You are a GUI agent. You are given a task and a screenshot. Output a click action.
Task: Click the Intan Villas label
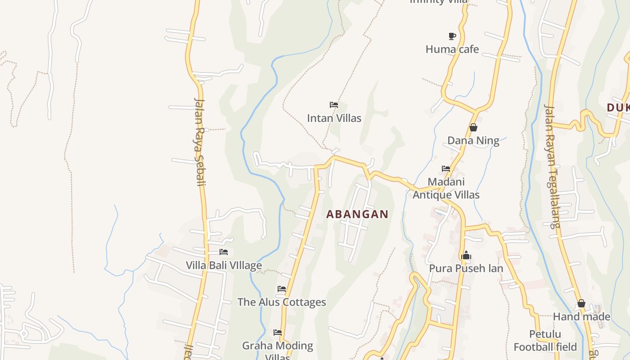pyautogui.click(x=334, y=118)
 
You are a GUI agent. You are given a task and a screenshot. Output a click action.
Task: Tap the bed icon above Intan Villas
pyautogui.click(x=334, y=105)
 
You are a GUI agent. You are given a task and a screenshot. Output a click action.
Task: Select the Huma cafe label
pyautogui.click(x=452, y=49)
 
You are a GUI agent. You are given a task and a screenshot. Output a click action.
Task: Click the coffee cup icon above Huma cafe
pyautogui.click(x=452, y=36)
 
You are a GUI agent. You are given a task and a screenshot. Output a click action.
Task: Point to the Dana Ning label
pyautogui.click(x=473, y=141)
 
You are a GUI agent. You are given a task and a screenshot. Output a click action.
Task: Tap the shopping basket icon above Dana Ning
pyautogui.click(x=473, y=128)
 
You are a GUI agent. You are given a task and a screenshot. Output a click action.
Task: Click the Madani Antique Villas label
pyautogui.click(x=446, y=189)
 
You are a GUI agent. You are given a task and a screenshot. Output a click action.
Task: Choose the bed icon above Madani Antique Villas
pyautogui.click(x=446, y=169)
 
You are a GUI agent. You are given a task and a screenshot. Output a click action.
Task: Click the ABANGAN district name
pyautogui.click(x=357, y=214)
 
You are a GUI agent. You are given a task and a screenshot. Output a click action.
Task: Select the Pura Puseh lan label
pyautogui.click(x=466, y=269)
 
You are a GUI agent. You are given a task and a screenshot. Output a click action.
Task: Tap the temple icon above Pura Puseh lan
pyautogui.click(x=466, y=256)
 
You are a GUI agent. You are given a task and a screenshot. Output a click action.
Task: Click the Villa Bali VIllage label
pyautogui.click(x=224, y=265)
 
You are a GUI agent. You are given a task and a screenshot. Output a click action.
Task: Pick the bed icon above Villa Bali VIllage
pyautogui.click(x=224, y=252)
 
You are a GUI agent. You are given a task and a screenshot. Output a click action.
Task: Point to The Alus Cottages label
pyautogui.click(x=282, y=302)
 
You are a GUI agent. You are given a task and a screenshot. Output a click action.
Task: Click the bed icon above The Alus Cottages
pyautogui.click(x=282, y=288)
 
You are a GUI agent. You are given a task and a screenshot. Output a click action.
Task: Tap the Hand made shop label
pyautogui.click(x=581, y=317)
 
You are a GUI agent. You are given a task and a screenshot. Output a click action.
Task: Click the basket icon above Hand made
pyautogui.click(x=581, y=304)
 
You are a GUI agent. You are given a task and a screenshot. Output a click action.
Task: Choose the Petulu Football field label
pyautogui.click(x=545, y=341)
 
